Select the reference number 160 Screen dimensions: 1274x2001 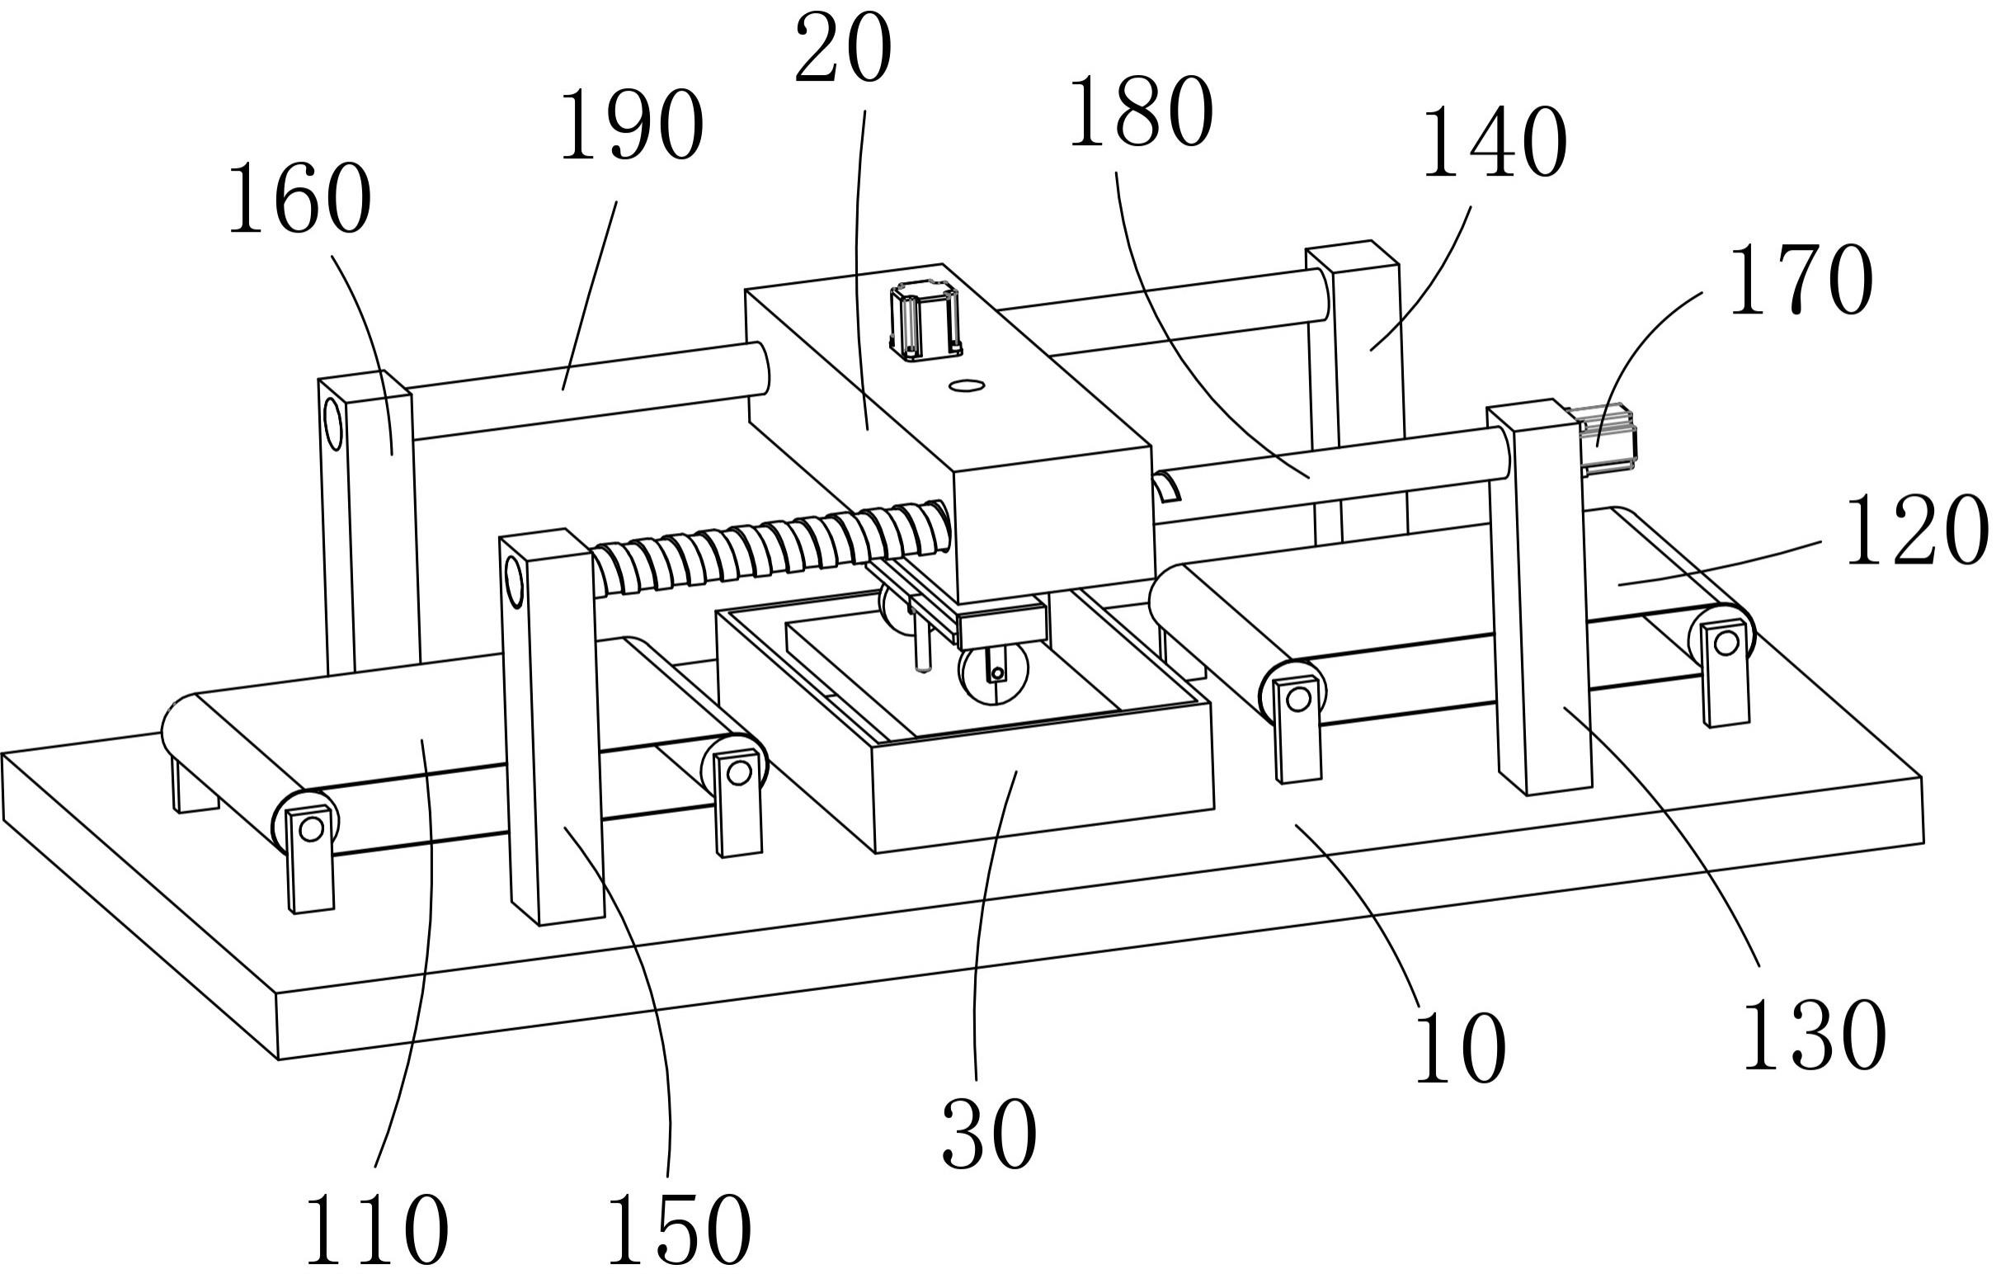click(x=299, y=200)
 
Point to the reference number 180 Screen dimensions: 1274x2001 click(x=1141, y=114)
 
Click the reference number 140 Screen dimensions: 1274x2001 click(x=1495, y=144)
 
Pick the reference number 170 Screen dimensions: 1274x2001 click(x=1801, y=281)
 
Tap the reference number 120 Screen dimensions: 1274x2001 click(x=1916, y=532)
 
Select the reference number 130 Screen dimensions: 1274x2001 click(x=1814, y=1036)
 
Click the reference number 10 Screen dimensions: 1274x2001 click(x=1461, y=1049)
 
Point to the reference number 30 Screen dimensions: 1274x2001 click(x=989, y=1135)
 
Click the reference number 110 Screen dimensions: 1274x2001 click(x=377, y=1231)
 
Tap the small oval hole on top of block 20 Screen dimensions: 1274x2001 click(x=968, y=385)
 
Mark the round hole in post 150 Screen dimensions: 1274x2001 click(x=514, y=581)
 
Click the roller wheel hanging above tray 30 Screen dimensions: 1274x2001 click(x=993, y=671)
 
